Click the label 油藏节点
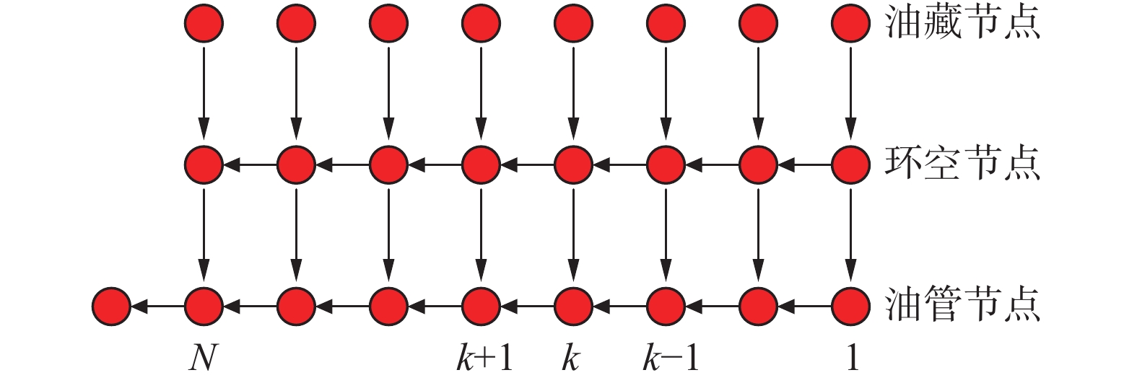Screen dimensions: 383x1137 coord(962,24)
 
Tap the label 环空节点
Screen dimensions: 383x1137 coord(962,164)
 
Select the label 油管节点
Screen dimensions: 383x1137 coord(962,305)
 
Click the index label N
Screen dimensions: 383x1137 coord(203,357)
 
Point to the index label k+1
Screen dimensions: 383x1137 coord(484,357)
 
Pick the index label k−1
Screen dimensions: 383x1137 coord(671,357)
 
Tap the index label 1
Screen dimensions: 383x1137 coord(852,357)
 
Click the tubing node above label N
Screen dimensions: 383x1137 coord(204,306)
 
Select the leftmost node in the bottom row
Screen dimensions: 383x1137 coord(111,306)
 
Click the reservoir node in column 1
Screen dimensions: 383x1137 coord(850,24)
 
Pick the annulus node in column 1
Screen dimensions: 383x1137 coord(850,165)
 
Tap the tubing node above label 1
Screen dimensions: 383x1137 coord(850,306)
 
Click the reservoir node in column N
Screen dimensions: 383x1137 coord(204,24)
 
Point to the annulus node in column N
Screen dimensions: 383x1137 coord(204,165)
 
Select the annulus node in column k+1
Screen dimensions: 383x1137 coord(481,165)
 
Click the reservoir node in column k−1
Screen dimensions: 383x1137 coord(666,24)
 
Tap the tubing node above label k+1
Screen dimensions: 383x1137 coord(481,306)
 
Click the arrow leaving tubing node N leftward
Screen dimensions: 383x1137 coord(157,306)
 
